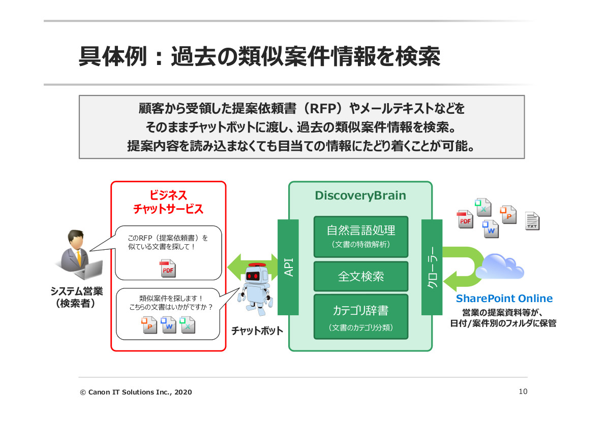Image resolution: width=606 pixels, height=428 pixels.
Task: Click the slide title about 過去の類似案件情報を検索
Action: [259, 57]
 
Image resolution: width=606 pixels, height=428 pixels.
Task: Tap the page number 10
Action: [523, 391]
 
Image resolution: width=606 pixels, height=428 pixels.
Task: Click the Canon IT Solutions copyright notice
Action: [136, 392]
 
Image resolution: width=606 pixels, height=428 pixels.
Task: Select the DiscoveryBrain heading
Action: [360, 196]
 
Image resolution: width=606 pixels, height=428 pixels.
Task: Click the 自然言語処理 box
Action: [360, 236]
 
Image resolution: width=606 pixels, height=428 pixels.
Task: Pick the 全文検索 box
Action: [360, 276]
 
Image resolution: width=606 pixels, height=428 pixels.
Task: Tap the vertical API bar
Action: [288, 267]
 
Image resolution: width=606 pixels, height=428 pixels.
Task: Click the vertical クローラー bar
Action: [432, 267]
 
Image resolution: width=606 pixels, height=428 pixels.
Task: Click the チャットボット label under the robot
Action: [257, 331]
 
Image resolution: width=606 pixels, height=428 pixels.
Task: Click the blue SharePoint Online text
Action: [504, 299]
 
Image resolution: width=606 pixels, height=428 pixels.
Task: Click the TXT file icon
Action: [532, 221]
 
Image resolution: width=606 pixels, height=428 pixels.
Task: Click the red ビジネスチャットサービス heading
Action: [168, 202]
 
